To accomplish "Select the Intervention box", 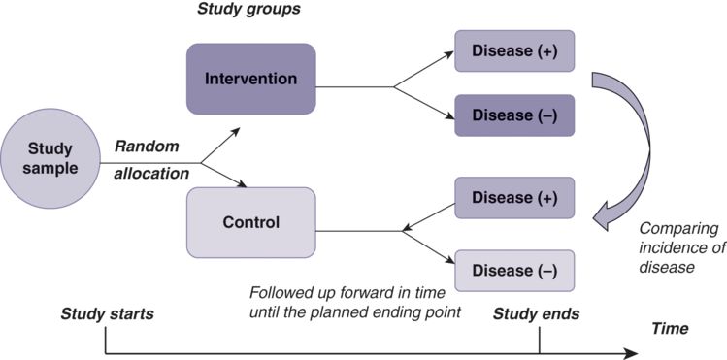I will (x=250, y=78).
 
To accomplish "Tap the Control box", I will (x=250, y=222).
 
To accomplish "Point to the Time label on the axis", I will (x=670, y=329).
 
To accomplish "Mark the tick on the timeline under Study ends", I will (x=539, y=339).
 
